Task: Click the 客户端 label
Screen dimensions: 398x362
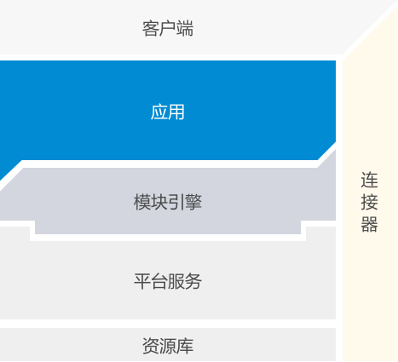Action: (x=168, y=28)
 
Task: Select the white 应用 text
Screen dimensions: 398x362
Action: (x=168, y=112)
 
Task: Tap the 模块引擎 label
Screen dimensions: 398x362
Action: (x=168, y=202)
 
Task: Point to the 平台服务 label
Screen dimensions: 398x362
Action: (x=168, y=281)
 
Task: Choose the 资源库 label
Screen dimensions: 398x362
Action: (x=168, y=346)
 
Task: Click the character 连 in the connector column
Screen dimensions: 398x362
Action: (x=369, y=180)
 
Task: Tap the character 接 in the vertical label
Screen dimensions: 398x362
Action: (x=369, y=202)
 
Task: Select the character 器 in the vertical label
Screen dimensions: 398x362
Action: (x=369, y=224)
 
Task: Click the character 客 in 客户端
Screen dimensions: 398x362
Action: (x=151, y=28)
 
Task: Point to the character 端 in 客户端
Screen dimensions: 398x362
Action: (x=185, y=28)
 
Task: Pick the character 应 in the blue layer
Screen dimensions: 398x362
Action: (x=159, y=112)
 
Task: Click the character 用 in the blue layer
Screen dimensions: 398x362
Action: (x=176, y=112)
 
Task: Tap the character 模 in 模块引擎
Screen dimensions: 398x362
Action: (x=142, y=202)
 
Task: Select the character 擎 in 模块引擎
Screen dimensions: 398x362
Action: (x=193, y=202)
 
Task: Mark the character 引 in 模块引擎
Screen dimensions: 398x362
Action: (x=176, y=202)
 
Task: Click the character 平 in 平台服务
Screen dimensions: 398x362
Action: (x=142, y=281)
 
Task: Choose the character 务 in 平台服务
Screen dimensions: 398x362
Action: (x=193, y=281)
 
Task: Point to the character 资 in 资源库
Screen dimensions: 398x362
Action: (x=151, y=346)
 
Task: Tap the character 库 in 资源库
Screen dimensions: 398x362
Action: (x=185, y=346)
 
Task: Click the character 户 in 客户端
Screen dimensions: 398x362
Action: (x=168, y=28)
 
